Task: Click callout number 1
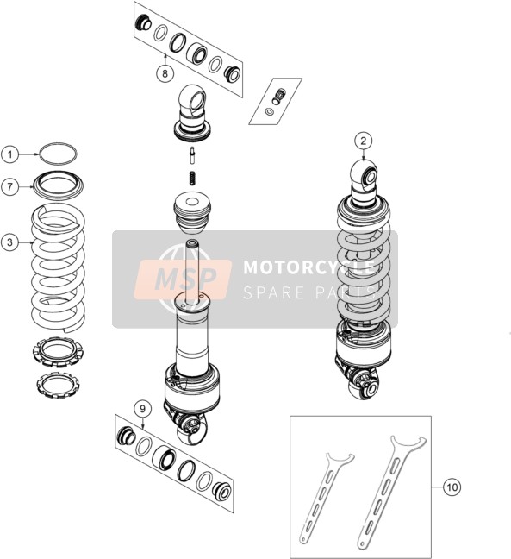tap(10, 154)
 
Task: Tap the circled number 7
tap(10, 186)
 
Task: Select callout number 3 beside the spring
tap(10, 242)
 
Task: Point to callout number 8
tap(165, 73)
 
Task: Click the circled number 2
tap(364, 141)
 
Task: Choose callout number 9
tap(143, 409)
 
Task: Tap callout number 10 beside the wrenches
tap(452, 487)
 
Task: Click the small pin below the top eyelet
tap(193, 155)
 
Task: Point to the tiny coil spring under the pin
tap(193, 178)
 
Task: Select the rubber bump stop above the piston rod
tap(192, 211)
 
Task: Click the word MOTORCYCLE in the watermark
tap(309, 267)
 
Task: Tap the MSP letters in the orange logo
tap(185, 279)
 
